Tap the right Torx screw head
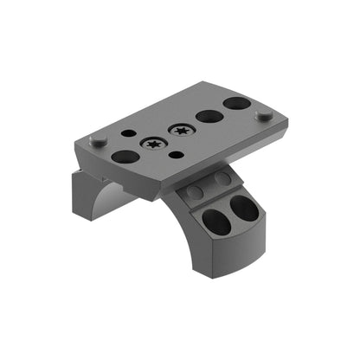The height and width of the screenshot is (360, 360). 182,131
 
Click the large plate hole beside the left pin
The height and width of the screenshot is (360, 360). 125,157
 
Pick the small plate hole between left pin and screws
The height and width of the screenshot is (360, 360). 128,134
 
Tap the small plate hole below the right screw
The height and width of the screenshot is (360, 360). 176,155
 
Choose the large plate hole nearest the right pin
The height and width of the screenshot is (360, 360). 236,104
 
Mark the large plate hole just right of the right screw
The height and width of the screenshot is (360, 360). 208,116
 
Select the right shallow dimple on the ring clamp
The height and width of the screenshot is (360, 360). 222,178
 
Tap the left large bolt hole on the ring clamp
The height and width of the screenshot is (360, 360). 216,223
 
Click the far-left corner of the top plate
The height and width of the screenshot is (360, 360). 77,143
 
